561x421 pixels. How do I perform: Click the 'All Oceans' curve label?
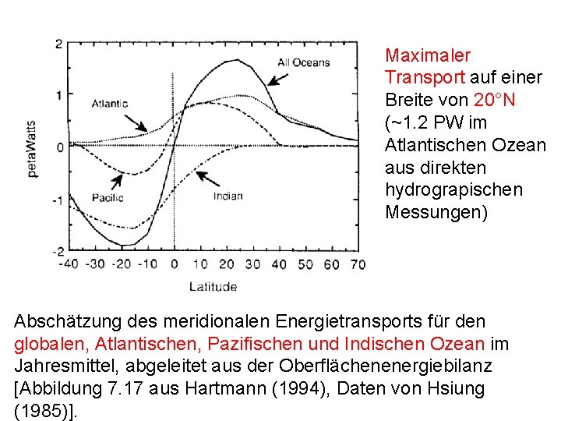(303, 63)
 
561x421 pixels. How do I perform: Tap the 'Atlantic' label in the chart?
(110, 103)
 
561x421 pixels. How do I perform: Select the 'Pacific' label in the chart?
(108, 197)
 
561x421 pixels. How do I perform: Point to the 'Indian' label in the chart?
(228, 196)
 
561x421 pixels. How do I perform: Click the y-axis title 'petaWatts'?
(34, 149)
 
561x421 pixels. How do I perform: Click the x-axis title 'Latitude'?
(213, 287)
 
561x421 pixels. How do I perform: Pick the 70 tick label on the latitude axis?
(357, 264)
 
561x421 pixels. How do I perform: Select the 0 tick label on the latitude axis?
(175, 264)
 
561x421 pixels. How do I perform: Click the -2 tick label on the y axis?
(56, 252)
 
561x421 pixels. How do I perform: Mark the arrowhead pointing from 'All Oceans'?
(270, 82)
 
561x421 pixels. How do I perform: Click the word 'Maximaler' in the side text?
(428, 55)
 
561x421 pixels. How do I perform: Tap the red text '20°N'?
(494, 100)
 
